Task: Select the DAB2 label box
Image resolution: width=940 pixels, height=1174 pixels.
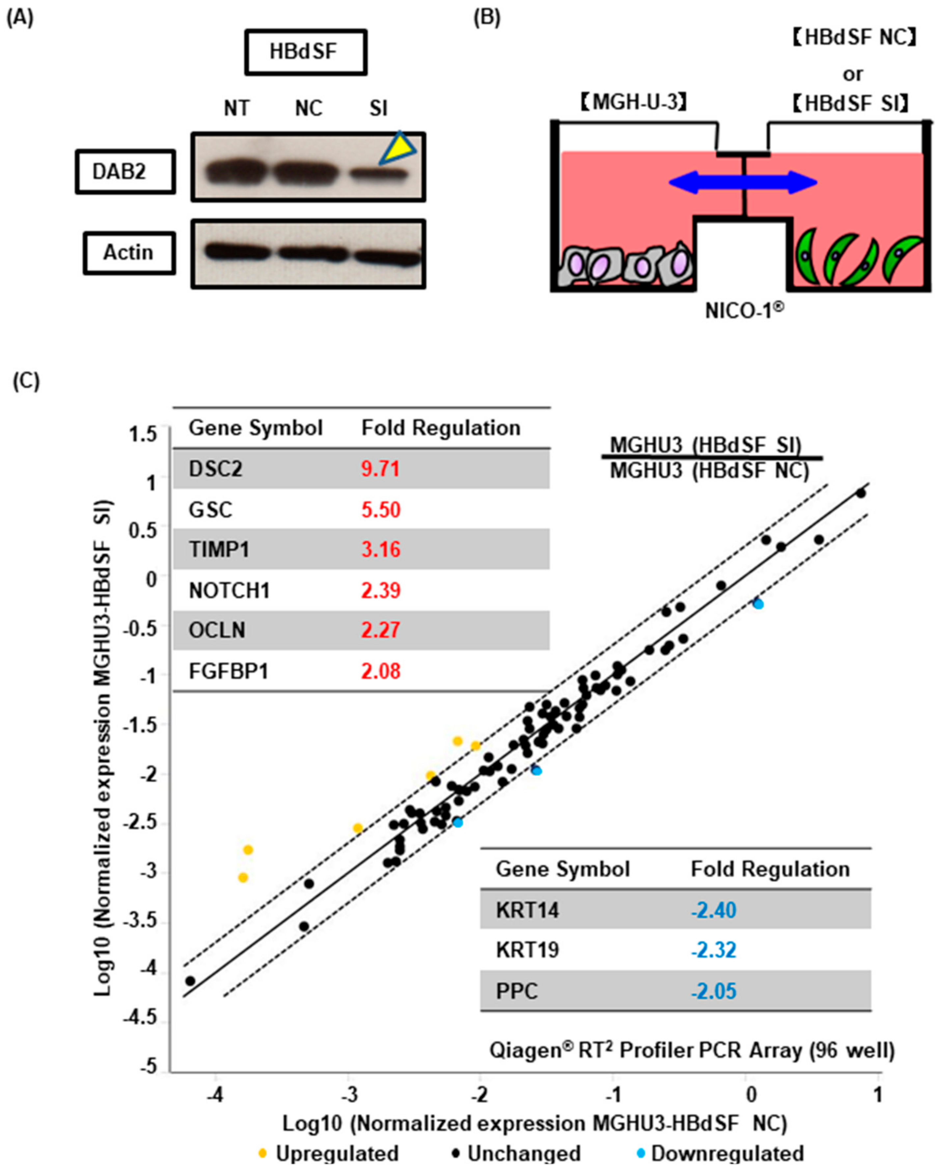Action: coord(125,172)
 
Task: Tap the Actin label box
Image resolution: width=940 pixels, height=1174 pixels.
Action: coord(129,253)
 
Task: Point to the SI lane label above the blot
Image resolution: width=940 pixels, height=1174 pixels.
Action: coord(378,109)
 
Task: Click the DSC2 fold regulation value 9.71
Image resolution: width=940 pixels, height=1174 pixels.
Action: coord(380,469)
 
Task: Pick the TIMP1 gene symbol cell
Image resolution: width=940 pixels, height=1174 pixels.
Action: coord(219,549)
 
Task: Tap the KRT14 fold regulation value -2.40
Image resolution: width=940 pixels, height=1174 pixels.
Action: coord(713,910)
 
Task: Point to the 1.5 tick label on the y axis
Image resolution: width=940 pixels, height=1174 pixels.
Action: coord(143,434)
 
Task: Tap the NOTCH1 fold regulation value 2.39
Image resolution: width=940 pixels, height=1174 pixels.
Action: coord(380,590)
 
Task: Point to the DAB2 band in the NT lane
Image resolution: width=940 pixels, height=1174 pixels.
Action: coord(235,173)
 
